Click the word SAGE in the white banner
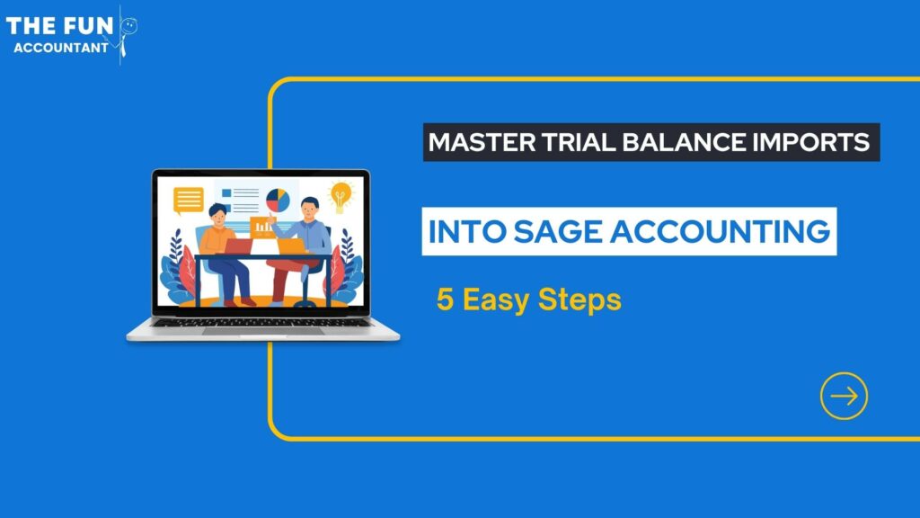[x=557, y=231]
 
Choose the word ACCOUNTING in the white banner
[x=720, y=231]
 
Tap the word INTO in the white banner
[x=467, y=231]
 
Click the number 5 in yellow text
[x=445, y=299]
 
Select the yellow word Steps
[x=579, y=300]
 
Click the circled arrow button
[x=844, y=396]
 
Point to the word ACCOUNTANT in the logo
[x=61, y=48]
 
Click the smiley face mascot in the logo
[x=128, y=26]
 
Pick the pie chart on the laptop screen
[x=279, y=201]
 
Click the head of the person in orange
[x=217, y=214]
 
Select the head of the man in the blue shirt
[x=309, y=208]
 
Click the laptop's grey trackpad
[x=263, y=331]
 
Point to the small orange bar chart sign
[x=263, y=226]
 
